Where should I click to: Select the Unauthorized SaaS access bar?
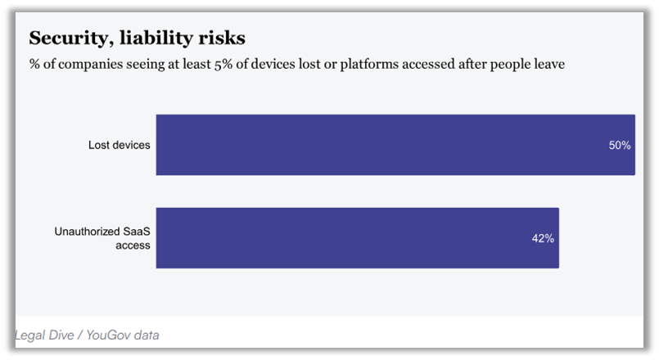pos(357,238)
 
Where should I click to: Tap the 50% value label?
pos(619,146)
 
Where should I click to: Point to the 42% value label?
pos(543,239)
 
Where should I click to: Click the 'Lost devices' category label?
pos(120,146)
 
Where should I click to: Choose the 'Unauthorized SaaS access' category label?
pos(103,238)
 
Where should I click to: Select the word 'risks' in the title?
pos(219,38)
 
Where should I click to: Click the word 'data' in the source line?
pos(147,335)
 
